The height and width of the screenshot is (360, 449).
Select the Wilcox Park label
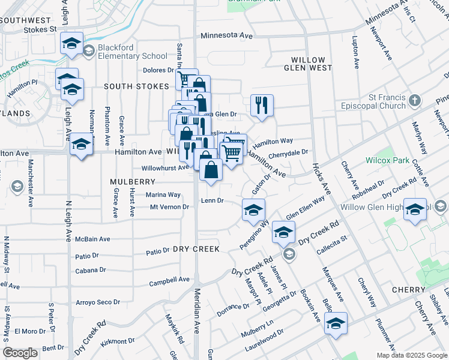[387, 161]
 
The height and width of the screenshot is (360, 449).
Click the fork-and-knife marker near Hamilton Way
[262, 105]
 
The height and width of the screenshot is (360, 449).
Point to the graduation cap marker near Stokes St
[71, 43]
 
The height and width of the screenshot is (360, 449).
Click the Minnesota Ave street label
[227, 36]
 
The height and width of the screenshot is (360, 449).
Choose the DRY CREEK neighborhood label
[197, 248]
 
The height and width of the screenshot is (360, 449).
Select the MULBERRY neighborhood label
[133, 181]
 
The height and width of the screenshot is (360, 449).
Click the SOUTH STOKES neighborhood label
[136, 86]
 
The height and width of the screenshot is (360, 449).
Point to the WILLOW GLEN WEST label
[308, 64]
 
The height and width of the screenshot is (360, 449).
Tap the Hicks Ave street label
[321, 179]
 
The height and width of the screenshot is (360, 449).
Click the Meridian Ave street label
[196, 310]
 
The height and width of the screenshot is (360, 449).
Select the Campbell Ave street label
[169, 280]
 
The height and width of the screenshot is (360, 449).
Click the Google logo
[20, 353]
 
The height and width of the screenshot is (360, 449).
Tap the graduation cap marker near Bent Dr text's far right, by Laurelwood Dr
[336, 324]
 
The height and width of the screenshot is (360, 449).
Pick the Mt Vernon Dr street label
[169, 207]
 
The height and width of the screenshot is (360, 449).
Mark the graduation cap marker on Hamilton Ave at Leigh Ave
[82, 146]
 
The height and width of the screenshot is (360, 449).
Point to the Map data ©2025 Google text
[411, 355]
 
